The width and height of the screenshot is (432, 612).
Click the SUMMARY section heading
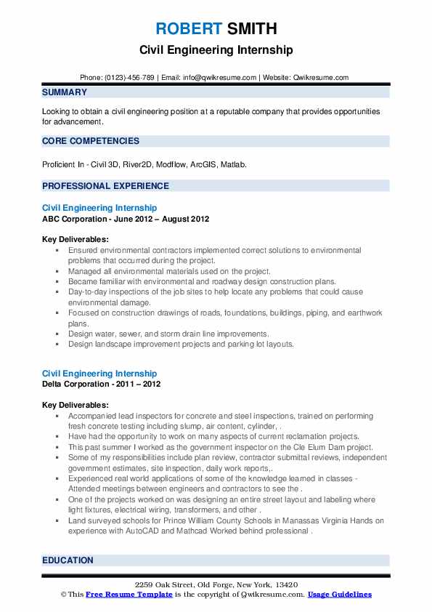tap(65, 92)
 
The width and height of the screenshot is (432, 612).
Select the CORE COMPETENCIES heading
tap(91, 141)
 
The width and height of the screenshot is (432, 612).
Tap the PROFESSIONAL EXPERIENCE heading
tap(105, 186)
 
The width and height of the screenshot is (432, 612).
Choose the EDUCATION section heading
tap(68, 560)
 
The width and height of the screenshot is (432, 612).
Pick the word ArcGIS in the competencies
tap(208, 164)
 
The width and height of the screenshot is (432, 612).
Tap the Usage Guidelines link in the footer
tap(340, 594)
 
